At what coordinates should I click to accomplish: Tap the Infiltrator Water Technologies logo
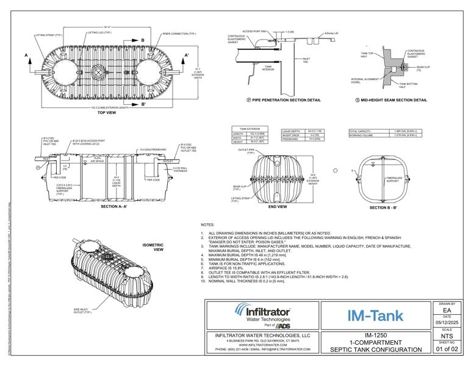click(x=262, y=315)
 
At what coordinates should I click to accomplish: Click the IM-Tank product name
click(x=375, y=315)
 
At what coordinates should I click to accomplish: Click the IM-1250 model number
click(x=375, y=335)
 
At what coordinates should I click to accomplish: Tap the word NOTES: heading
click(x=208, y=224)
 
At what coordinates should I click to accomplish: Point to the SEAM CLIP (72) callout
click(x=423, y=68)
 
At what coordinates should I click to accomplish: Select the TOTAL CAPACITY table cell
click(x=361, y=131)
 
